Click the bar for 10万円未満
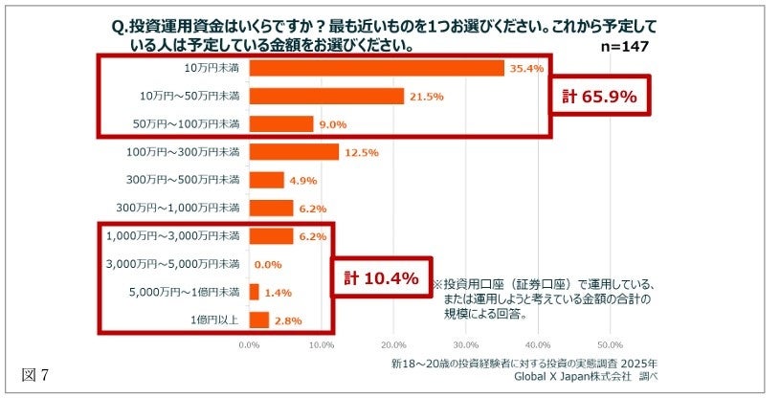pos(376,68)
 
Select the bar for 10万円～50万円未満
pos(326,97)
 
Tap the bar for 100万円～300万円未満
pos(294,152)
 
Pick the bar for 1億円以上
pos(259,320)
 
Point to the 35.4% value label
pos(526,68)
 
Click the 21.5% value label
pos(426,97)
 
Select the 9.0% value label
pos(333,124)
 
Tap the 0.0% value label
pos(268,264)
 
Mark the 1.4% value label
pos(278,292)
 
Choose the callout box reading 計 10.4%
pos(381,279)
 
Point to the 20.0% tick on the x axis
pos(393,344)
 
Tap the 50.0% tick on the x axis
pos(610,344)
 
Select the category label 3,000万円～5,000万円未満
pos(183,264)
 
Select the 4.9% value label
pos(303,180)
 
